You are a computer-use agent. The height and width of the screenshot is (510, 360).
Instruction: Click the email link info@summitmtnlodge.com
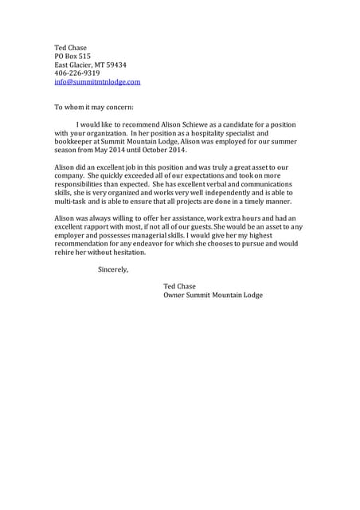pyautogui.click(x=97, y=82)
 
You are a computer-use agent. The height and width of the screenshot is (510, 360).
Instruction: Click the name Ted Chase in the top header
pyautogui.click(x=70, y=47)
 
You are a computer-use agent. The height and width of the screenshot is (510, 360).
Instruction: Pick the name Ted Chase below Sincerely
pyautogui.click(x=179, y=286)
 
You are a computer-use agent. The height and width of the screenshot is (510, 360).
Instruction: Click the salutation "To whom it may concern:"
pyautogui.click(x=94, y=107)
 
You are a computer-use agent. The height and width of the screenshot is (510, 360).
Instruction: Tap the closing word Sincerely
pyautogui.click(x=112, y=269)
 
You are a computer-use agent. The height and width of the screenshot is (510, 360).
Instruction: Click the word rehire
pyautogui.click(x=65, y=253)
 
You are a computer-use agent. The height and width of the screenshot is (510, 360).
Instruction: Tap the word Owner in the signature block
pyautogui.click(x=175, y=295)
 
